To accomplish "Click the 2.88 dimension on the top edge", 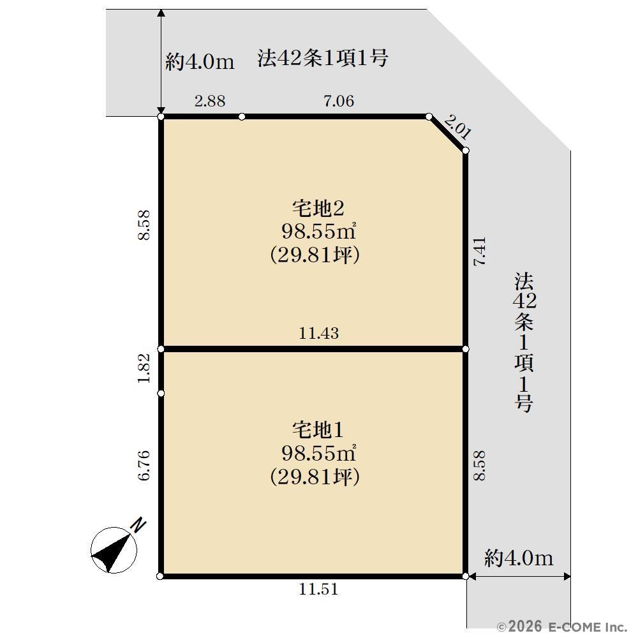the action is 209,101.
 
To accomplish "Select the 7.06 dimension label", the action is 339,101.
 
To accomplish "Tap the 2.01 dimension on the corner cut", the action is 457,127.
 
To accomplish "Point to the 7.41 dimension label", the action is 480,251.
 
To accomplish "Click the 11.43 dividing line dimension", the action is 318,333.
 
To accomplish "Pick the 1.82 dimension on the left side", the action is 144,368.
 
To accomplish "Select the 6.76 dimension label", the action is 144,466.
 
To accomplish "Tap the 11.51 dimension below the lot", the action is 318,589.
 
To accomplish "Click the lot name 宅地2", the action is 318,209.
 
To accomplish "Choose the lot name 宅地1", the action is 318,430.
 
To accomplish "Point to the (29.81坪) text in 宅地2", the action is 315,256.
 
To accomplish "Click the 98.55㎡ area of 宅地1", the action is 318,453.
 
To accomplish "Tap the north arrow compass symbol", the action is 114,550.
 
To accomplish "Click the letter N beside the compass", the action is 138,525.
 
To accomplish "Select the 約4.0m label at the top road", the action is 200,62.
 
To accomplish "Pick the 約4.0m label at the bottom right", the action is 519,558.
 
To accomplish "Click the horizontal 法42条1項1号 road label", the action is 322,58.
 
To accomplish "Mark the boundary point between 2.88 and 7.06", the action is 242,117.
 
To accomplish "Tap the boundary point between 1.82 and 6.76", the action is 161,394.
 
